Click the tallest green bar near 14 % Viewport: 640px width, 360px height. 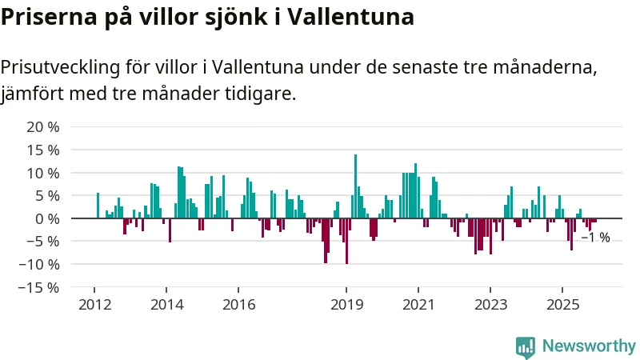pyautogui.click(x=355, y=186)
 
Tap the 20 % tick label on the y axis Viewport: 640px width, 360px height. pyautogui.click(x=43, y=127)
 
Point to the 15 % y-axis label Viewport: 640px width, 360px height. pyautogui.click(x=43, y=150)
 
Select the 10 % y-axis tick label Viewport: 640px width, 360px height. pyautogui.click(x=43, y=173)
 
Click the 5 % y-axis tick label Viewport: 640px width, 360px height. pyautogui.click(x=46, y=196)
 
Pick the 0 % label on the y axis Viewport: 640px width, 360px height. pyautogui.click(x=46, y=218)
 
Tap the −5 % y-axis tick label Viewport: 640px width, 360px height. pyautogui.click(x=43, y=242)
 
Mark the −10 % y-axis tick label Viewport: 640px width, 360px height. pyautogui.click(x=40, y=264)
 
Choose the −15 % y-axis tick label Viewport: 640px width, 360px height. pyautogui.click(x=40, y=287)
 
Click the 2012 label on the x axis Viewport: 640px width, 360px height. pyautogui.click(x=94, y=305)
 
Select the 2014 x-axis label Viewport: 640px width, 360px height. pyautogui.click(x=166, y=305)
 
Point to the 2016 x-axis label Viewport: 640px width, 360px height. pyautogui.click(x=238, y=305)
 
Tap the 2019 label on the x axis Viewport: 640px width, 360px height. pyautogui.click(x=346, y=305)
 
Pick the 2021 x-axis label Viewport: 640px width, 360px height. pyautogui.click(x=418, y=305)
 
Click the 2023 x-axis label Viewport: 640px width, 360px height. pyautogui.click(x=490, y=305)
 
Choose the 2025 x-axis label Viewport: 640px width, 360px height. pyautogui.click(x=562, y=305)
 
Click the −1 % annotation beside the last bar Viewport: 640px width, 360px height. pyautogui.click(x=595, y=238)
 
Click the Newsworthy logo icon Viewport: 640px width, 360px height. pyautogui.click(x=526, y=346)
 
